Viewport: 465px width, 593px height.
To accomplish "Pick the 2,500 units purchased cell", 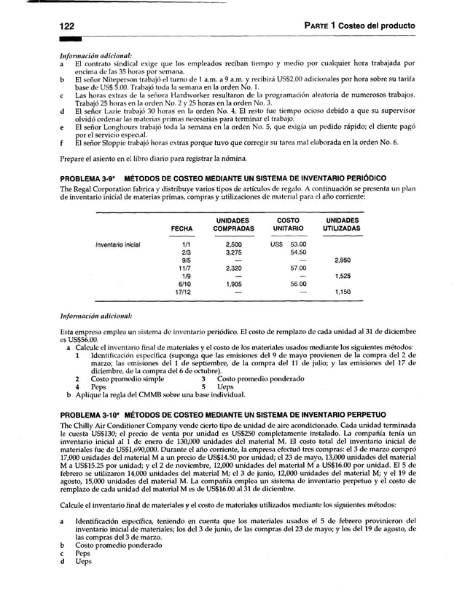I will (x=234, y=244).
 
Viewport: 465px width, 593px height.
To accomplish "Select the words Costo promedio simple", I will (x=122, y=379).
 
